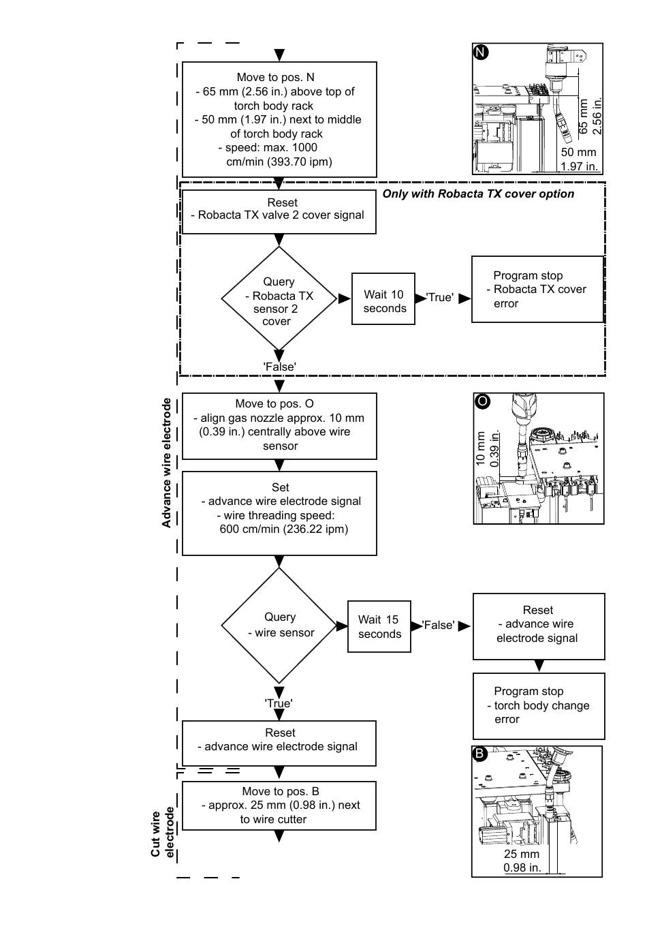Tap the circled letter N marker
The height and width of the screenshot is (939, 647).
[481, 52]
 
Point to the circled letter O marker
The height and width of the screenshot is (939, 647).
[482, 401]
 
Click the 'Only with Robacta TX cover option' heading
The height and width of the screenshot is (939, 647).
[478, 194]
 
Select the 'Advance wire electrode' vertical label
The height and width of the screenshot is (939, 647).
[166, 463]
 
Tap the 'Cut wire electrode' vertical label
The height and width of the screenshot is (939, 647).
[162, 834]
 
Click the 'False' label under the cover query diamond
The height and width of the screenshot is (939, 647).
[279, 367]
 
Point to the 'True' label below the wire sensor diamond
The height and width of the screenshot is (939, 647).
[279, 703]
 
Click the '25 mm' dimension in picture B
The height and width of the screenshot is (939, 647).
[521, 854]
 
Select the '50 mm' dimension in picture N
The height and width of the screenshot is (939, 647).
[578, 152]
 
